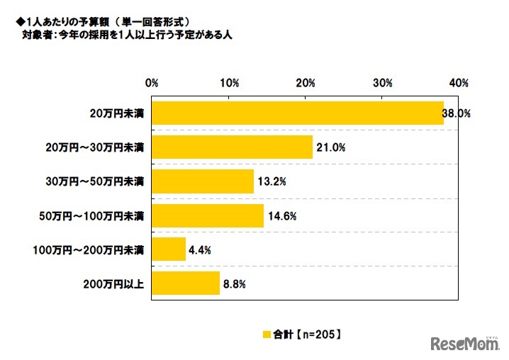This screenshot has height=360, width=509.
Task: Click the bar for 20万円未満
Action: [298, 113]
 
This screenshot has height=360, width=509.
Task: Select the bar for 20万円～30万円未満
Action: [232, 147]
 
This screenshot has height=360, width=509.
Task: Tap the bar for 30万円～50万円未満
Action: [202, 181]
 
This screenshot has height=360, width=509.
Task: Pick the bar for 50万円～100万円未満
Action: [208, 215]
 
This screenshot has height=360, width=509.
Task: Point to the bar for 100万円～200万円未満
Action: [169, 249]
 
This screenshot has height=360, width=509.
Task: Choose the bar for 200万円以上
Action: [185, 283]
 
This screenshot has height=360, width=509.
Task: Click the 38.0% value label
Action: [457, 113]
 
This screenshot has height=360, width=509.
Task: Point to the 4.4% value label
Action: [201, 249]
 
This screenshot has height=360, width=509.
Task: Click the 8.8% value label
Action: [235, 283]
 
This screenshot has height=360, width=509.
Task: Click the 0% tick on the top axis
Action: [151, 83]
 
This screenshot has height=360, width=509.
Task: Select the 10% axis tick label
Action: [228, 83]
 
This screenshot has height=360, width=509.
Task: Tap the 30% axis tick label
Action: [382, 83]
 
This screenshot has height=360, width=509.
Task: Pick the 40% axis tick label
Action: [459, 83]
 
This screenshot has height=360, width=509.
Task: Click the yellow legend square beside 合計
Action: [267, 334]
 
